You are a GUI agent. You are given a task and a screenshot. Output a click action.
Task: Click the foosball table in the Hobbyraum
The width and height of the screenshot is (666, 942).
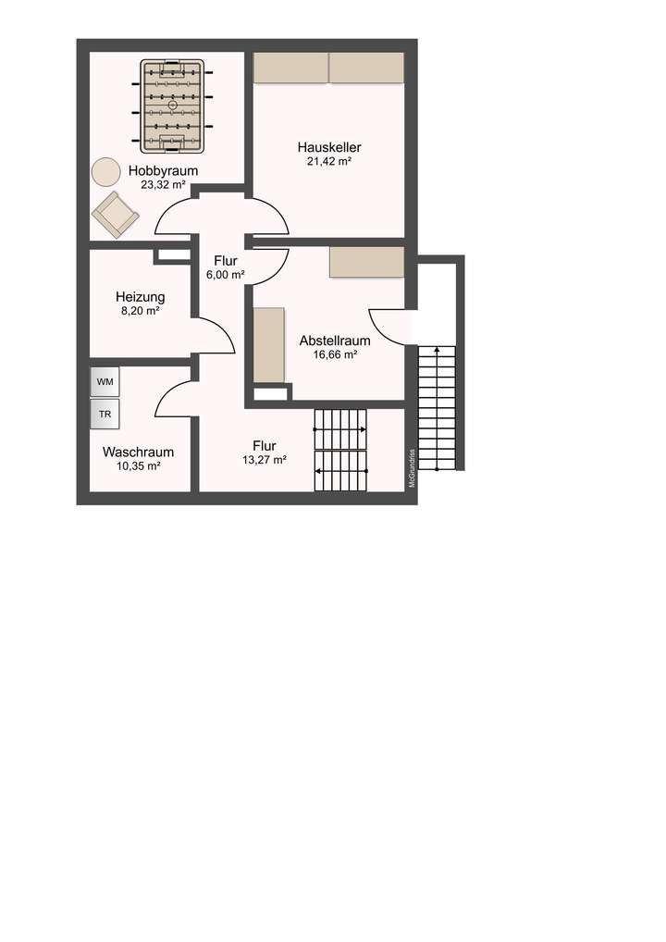(x=173, y=106)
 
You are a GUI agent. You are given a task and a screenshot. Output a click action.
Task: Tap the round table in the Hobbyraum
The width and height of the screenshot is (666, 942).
(x=105, y=171)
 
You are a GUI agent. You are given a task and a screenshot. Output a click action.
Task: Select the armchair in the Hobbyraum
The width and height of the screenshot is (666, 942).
(x=116, y=214)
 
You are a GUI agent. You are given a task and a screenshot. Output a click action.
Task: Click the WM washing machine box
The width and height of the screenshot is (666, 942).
(x=105, y=381)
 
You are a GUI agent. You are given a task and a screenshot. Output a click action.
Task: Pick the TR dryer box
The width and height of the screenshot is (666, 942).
(x=105, y=415)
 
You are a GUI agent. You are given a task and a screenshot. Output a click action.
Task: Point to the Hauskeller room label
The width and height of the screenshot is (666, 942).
(x=328, y=147)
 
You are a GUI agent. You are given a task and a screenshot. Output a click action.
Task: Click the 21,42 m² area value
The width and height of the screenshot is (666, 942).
(x=328, y=161)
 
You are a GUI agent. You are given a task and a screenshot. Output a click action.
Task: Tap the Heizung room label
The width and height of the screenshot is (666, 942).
(x=140, y=297)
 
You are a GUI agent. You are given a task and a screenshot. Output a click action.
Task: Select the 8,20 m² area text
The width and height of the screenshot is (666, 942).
(x=140, y=312)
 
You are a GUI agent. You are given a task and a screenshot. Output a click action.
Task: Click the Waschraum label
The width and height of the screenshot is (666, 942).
(x=138, y=452)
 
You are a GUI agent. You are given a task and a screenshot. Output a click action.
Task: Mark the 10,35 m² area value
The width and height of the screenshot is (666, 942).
(x=138, y=466)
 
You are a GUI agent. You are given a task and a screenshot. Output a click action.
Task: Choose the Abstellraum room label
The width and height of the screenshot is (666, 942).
(x=334, y=341)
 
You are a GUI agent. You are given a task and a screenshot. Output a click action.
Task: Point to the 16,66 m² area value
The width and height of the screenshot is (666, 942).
(x=334, y=354)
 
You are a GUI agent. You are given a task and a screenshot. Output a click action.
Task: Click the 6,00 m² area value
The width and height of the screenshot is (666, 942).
(x=225, y=275)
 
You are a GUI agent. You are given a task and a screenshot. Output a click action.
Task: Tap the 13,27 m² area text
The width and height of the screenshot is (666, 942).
(x=264, y=459)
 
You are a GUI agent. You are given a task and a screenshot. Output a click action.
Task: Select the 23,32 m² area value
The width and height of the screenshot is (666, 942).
(x=164, y=185)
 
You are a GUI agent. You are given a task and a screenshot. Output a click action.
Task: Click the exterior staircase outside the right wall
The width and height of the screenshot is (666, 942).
(x=438, y=407)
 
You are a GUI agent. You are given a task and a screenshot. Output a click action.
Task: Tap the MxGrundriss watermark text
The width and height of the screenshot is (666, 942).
(x=412, y=468)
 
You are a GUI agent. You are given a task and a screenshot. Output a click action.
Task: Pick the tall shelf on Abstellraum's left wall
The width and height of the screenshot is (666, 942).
(x=269, y=345)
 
